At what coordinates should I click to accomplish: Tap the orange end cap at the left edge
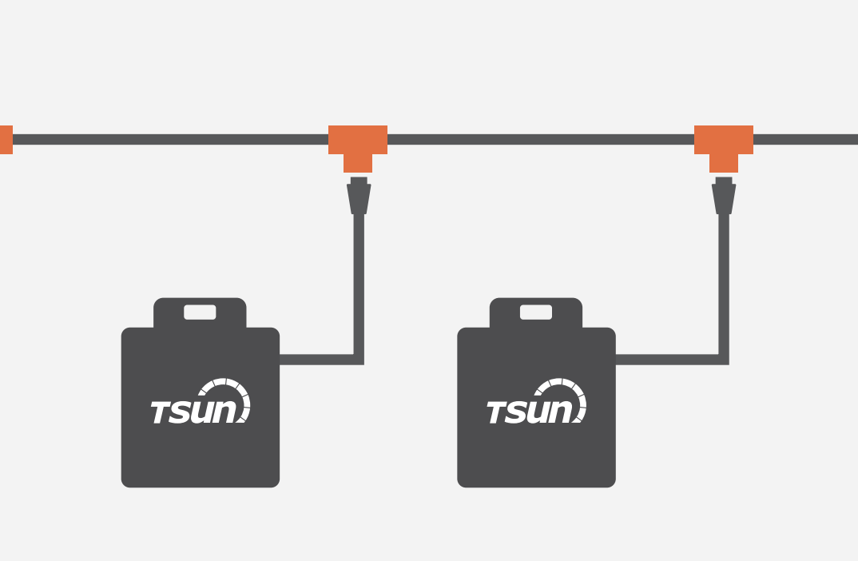[x=6, y=140]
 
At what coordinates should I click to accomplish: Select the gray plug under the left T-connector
[x=359, y=197]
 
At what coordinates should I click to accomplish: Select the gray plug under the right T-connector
[x=724, y=197]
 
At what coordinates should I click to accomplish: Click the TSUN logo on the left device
[x=200, y=403]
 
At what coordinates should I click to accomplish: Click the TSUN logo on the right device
[x=536, y=403]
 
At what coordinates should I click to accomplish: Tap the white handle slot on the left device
[x=200, y=312]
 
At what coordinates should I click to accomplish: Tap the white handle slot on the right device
[x=536, y=312]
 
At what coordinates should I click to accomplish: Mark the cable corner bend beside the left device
[x=359, y=359]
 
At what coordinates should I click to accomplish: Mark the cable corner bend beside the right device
[x=724, y=359]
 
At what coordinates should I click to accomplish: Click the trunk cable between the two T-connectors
[x=541, y=140]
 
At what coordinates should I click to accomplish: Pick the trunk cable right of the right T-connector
[x=805, y=140]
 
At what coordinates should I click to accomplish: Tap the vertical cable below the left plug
[x=359, y=280]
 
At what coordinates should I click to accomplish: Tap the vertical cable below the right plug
[x=724, y=280]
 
